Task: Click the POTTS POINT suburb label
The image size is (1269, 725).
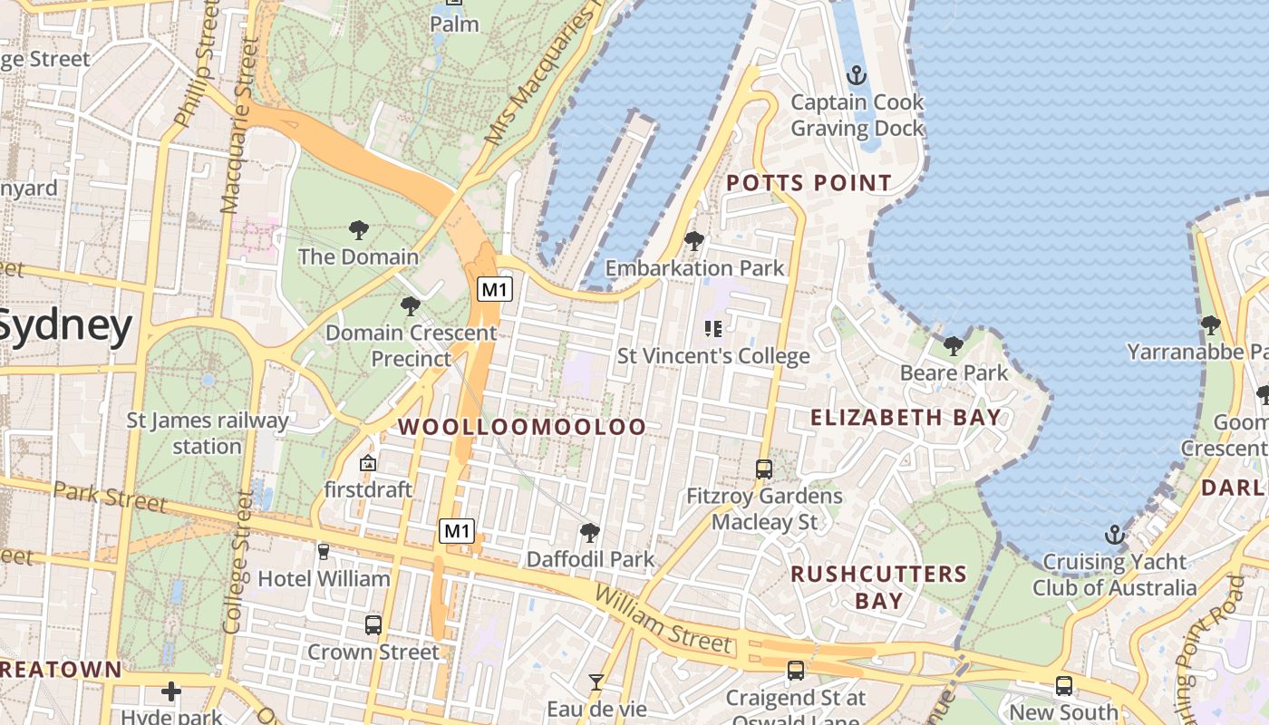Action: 809,183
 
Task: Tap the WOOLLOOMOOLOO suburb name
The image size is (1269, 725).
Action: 522,427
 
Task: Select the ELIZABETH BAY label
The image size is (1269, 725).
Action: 906,418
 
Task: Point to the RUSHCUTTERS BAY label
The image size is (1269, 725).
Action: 878,587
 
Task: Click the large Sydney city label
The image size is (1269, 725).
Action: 65,326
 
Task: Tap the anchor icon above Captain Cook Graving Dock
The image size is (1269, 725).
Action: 856,75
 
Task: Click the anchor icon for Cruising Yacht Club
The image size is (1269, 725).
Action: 1115,535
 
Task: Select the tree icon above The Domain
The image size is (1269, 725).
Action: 359,230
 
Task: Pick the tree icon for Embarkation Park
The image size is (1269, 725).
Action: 694,241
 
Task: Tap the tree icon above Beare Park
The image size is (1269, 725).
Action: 953,345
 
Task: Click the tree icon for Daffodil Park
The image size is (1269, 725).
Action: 590,532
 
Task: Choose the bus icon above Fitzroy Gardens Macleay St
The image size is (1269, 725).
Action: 764,469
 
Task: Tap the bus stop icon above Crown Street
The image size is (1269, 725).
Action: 373,624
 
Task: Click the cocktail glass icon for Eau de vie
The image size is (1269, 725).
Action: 596,681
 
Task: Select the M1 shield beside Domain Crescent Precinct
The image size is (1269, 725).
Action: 496,290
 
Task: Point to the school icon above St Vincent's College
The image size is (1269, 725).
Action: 712,328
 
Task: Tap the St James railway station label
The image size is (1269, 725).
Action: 208,433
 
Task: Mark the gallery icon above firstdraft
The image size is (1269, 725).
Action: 368,463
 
